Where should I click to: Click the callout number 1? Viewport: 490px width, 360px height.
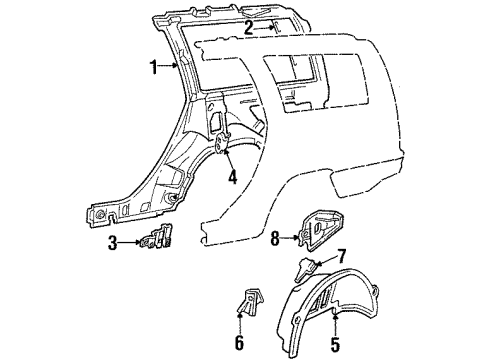(x=153, y=69)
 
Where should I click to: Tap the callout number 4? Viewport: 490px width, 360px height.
(x=232, y=180)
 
